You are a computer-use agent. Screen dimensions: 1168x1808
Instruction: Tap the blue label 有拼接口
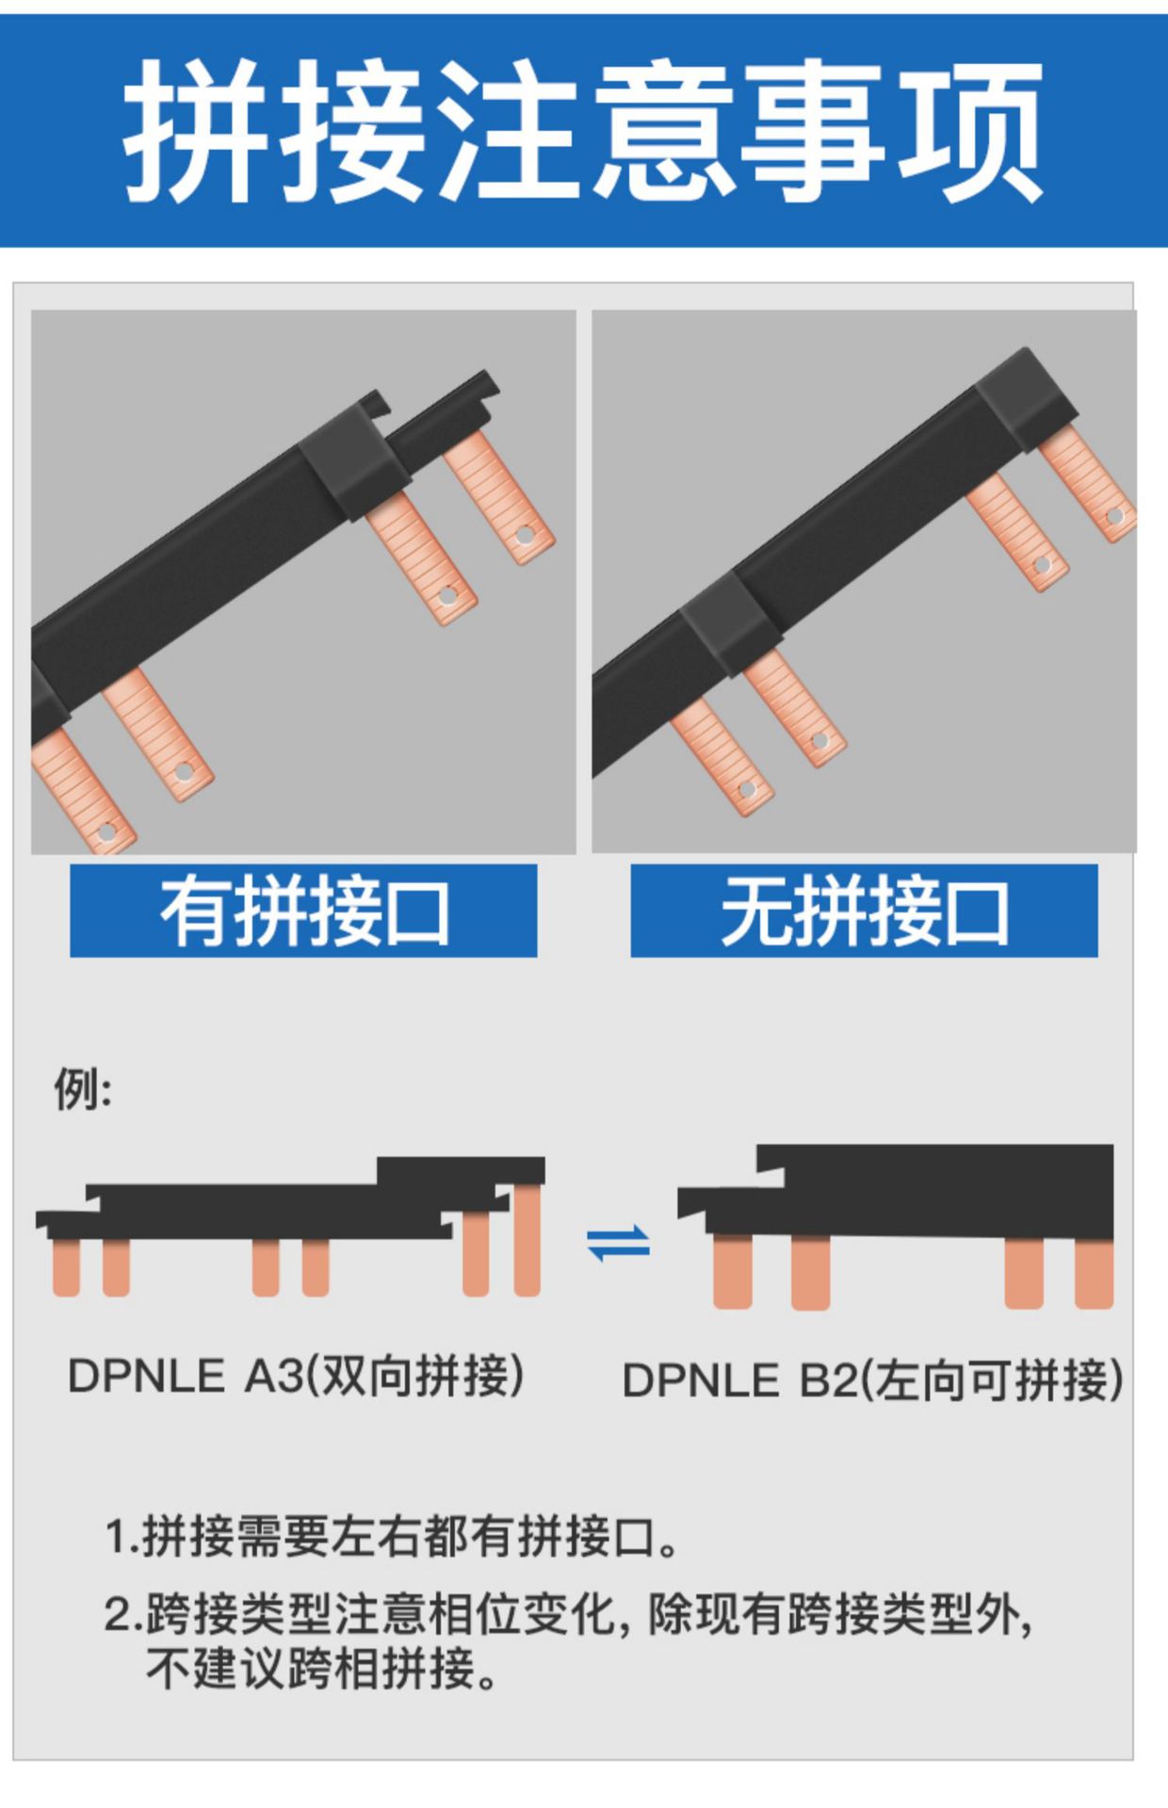[x=303, y=911]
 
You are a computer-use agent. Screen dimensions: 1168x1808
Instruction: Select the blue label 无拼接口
[x=864, y=911]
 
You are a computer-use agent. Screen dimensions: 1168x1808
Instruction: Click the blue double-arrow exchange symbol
[x=619, y=1243]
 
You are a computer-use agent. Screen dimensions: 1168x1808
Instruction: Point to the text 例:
[x=83, y=1090]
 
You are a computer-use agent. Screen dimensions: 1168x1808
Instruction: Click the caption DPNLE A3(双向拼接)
[x=296, y=1376]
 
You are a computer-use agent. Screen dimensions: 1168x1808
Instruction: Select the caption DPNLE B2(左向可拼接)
[x=872, y=1380]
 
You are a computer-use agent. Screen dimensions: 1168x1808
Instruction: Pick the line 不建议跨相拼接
[x=322, y=1668]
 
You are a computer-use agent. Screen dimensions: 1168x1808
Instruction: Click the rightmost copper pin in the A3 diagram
[x=527, y=1240]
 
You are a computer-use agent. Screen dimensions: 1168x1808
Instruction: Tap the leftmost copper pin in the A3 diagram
[x=66, y=1267]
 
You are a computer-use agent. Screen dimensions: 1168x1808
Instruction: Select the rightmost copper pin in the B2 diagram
[x=1094, y=1274]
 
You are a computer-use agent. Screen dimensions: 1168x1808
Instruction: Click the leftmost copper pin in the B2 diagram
[x=733, y=1272]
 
